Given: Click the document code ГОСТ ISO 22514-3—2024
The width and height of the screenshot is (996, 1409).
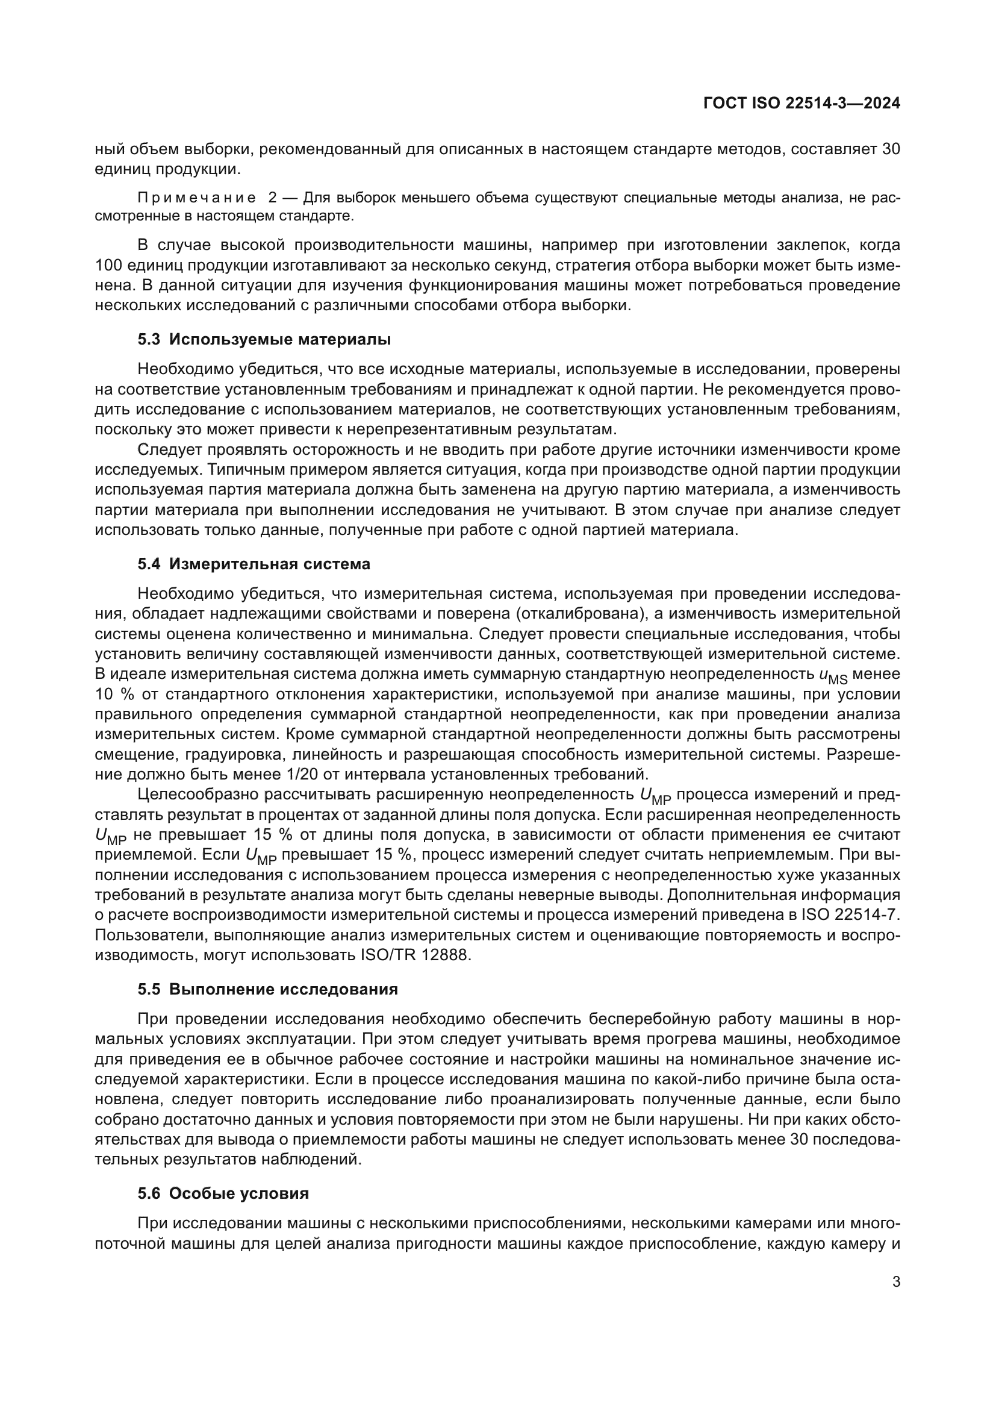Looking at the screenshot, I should [801, 104].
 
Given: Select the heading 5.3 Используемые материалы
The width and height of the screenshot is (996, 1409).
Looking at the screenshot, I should [264, 339].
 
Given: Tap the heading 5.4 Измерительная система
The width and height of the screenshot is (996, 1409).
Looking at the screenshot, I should [254, 564].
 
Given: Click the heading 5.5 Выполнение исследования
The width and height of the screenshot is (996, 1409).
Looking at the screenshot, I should [267, 989].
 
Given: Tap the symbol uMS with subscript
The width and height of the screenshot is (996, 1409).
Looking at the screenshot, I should [832, 676].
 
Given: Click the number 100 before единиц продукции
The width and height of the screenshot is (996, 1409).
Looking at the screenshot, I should [108, 266].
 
